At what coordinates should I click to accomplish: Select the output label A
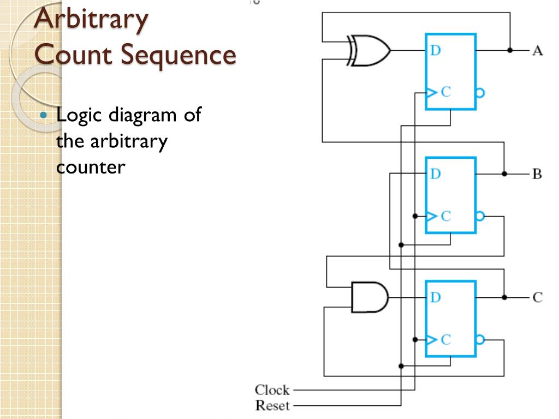click(537, 51)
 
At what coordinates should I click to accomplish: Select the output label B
click(537, 175)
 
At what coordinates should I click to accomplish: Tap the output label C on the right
click(538, 297)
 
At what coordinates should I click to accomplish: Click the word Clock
click(272, 390)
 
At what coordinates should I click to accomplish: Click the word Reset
click(272, 405)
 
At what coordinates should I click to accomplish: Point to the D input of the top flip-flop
click(435, 51)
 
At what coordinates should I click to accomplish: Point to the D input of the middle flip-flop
click(435, 174)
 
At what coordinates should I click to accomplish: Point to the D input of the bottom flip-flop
click(435, 297)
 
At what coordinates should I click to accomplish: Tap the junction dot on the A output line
click(510, 50)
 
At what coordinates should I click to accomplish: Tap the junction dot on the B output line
click(504, 174)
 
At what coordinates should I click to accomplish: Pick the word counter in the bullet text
click(91, 167)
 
